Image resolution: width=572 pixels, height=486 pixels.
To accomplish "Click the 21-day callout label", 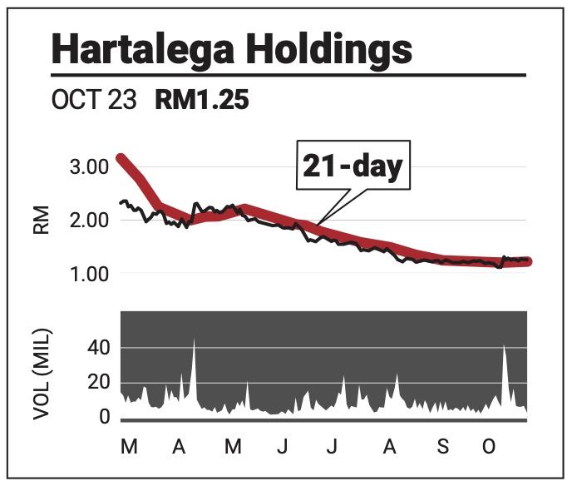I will [x=352, y=166].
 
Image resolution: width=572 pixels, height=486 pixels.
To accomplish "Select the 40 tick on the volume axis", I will [x=99, y=347].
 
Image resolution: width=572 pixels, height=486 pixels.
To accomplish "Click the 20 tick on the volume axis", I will [x=99, y=382].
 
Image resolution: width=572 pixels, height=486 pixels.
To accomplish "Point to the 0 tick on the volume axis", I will [x=105, y=416].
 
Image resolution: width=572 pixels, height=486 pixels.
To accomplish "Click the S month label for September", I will [x=442, y=448].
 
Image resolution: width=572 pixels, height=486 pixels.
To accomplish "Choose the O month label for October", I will [x=490, y=448].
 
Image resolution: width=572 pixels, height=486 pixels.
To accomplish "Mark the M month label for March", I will [x=129, y=448].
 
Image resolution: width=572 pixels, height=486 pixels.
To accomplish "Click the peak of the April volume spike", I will [x=194, y=340].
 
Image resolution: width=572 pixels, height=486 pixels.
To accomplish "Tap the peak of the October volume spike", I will [x=505, y=345].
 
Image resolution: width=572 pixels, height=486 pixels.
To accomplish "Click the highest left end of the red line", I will [x=122, y=157].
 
